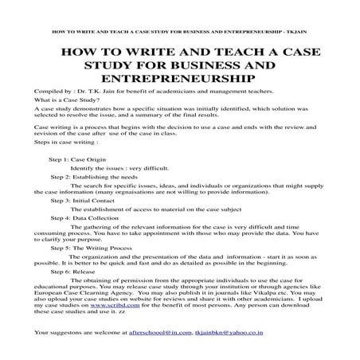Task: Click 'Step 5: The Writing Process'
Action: tap(88, 248)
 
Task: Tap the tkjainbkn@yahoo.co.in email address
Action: tap(229, 330)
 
